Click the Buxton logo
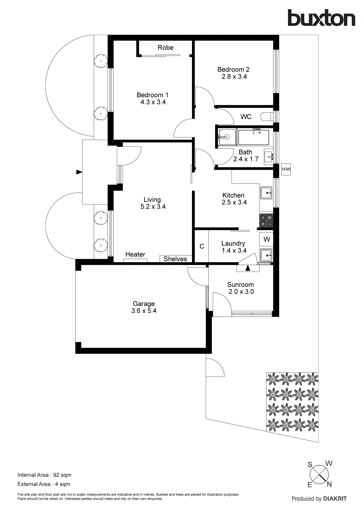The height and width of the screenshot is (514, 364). pyautogui.click(x=321, y=18)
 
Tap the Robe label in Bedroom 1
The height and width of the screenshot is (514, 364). pyautogui.click(x=165, y=47)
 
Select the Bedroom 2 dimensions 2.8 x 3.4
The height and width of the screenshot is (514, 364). pyautogui.click(x=234, y=77)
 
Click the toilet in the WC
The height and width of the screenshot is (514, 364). pyautogui.click(x=267, y=116)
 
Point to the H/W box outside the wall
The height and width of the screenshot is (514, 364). pyautogui.click(x=286, y=169)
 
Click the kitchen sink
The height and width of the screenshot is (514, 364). pyautogui.click(x=266, y=193)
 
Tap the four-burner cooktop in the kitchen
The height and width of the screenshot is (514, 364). pyautogui.click(x=266, y=221)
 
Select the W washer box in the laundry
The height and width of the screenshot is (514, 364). pyautogui.click(x=266, y=239)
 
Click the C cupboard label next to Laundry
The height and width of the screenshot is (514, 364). pyautogui.click(x=202, y=246)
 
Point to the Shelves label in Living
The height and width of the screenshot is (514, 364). pyautogui.click(x=175, y=259)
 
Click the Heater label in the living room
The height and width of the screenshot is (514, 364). pyautogui.click(x=135, y=254)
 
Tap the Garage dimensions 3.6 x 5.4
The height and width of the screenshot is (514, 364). pyautogui.click(x=144, y=311)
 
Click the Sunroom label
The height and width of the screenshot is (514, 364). pyautogui.click(x=240, y=285)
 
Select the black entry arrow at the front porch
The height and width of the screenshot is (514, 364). pyautogui.click(x=79, y=172)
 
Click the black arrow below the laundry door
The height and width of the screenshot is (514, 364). pyautogui.click(x=248, y=268)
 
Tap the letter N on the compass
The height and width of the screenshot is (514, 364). pyautogui.click(x=329, y=484)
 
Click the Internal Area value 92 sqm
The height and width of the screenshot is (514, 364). pyautogui.click(x=62, y=475)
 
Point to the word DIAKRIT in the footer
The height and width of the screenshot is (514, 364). pyautogui.click(x=335, y=499)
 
